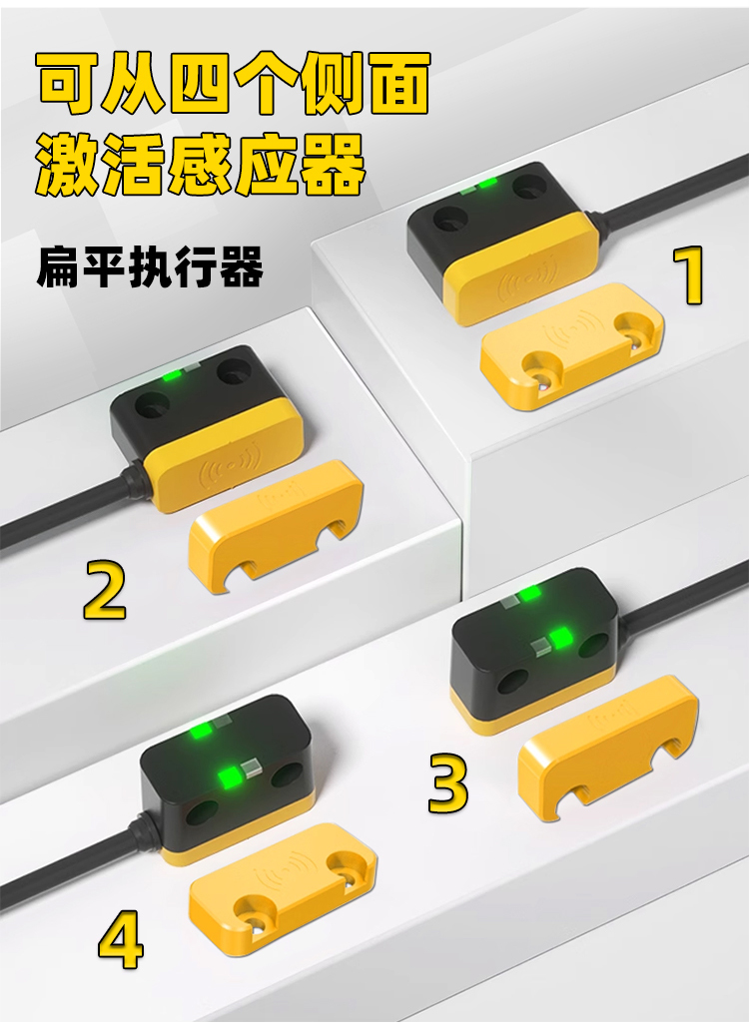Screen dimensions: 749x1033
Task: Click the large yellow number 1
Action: tap(689, 275)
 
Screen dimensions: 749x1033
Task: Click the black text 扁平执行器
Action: tap(150, 266)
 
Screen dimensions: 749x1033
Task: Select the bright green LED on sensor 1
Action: tap(487, 184)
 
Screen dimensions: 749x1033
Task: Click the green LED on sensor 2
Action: tap(172, 376)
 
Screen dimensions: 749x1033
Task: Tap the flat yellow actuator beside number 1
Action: tap(571, 345)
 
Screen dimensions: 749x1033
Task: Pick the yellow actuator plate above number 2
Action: tap(276, 526)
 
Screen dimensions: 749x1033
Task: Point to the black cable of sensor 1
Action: tap(667, 190)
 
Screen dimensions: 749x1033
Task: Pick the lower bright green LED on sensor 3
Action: tap(561, 638)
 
